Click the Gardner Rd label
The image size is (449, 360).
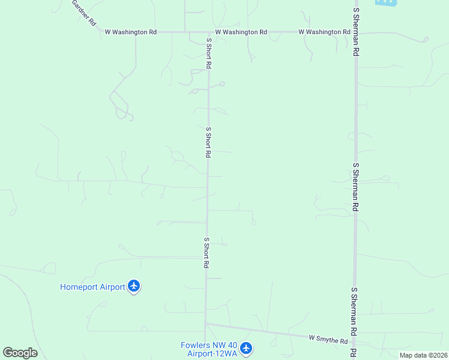[84, 12]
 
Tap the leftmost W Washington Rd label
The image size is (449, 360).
[130, 32]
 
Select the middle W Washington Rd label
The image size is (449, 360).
[241, 32]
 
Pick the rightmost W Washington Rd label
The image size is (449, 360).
[324, 32]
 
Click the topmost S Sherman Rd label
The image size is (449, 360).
[356, 31]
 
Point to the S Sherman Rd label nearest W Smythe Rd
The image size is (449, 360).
[355, 311]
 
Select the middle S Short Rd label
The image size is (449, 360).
[208, 142]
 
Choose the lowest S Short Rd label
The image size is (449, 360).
[206, 253]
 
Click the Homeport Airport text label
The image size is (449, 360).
[92, 287]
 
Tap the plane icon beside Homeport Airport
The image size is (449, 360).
[134, 286]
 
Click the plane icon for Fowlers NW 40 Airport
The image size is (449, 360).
[247, 347]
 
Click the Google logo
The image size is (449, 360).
[20, 353]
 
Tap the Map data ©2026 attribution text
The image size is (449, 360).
[423, 355]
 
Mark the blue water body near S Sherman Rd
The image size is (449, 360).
[385, 2]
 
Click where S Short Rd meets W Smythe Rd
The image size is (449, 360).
[205, 324]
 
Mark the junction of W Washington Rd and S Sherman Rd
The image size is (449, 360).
[355, 32]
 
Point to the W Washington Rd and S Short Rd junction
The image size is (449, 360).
[209, 32]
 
